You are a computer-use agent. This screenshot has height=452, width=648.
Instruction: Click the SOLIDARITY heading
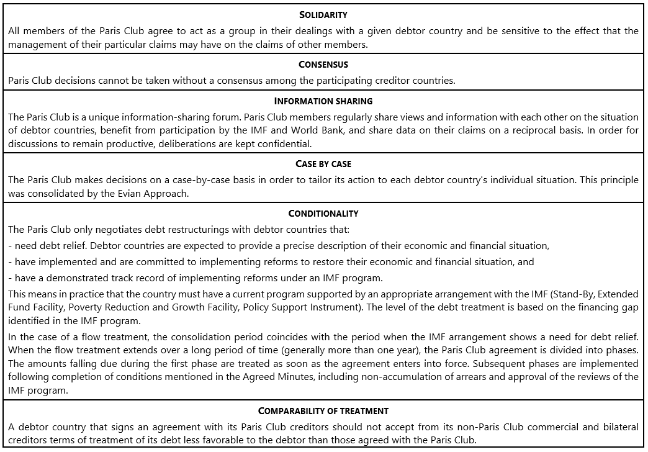point(323,15)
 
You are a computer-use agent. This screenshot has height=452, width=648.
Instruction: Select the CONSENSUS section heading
point(323,65)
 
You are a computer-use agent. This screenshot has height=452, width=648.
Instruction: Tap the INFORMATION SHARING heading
point(323,101)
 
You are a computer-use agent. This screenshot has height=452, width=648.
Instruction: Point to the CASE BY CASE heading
point(323,164)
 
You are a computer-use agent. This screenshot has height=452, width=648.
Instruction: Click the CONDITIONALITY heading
point(323,214)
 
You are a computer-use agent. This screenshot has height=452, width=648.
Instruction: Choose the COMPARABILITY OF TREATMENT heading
point(323,411)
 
